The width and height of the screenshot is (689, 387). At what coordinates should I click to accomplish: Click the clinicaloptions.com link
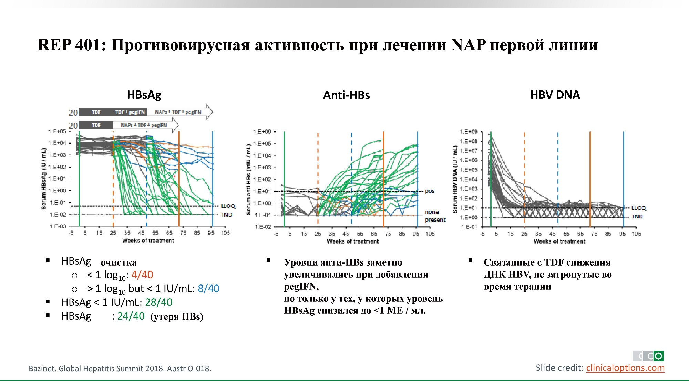[x=625, y=368]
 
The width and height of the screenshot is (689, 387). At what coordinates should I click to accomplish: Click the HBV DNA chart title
[x=555, y=95]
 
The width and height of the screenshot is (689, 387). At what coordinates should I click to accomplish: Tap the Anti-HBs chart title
[x=346, y=95]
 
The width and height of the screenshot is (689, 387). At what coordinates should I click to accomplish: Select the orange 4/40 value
[x=142, y=275]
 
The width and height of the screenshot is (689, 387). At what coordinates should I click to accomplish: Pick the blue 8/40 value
[x=208, y=289]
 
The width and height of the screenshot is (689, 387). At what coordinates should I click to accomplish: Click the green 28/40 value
[x=158, y=302]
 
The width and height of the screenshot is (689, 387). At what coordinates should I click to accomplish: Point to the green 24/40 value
[x=131, y=316]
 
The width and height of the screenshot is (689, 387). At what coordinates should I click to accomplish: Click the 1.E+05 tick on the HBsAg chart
[x=57, y=131]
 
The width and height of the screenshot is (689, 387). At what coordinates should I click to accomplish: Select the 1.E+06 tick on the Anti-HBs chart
[x=262, y=132]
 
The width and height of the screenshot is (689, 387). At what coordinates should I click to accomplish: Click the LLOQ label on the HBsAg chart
[x=228, y=206]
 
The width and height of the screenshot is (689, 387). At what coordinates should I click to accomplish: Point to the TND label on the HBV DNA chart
[x=637, y=217]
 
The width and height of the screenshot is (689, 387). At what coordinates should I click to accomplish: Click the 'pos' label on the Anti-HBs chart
[x=430, y=191]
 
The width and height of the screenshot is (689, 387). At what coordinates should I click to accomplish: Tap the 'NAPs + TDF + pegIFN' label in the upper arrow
[x=178, y=112]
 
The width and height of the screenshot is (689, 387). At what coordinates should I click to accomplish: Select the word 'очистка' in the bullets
[x=119, y=262]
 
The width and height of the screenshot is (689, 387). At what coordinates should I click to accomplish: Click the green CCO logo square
[x=658, y=356]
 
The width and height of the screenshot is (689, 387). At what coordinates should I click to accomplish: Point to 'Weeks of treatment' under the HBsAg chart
[x=148, y=241]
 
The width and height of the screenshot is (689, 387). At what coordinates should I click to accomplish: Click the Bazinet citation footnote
[x=120, y=369]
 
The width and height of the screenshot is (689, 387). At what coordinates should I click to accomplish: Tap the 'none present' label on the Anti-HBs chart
[x=435, y=216]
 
